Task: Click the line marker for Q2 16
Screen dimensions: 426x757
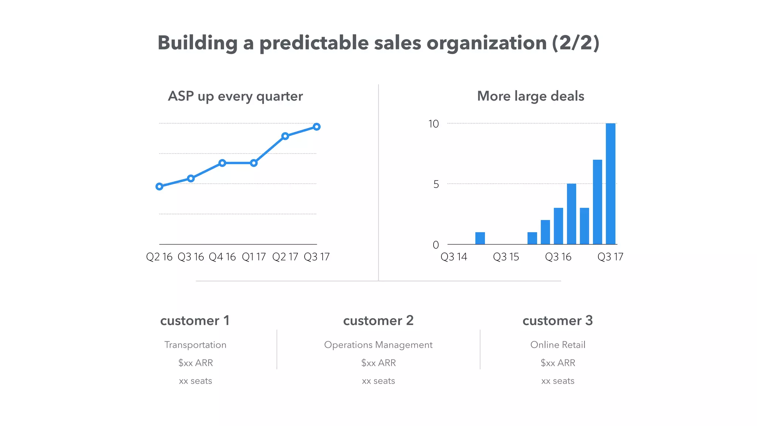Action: click(x=159, y=186)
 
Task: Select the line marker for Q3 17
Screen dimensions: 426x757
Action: click(x=316, y=127)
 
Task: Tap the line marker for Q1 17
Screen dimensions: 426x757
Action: click(x=254, y=163)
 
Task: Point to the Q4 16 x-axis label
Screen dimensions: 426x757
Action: click(x=222, y=257)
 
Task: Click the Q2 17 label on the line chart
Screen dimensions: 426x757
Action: click(x=285, y=257)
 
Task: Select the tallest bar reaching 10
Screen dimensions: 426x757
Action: click(x=611, y=184)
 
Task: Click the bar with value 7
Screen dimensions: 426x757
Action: click(x=597, y=202)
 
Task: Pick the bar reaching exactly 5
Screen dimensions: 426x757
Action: click(x=571, y=214)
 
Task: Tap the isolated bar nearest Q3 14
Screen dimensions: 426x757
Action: click(x=480, y=238)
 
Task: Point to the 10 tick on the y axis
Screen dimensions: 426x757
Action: click(x=434, y=124)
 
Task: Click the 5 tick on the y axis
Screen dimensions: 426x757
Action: click(x=436, y=184)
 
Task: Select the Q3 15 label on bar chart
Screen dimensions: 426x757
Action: click(x=506, y=257)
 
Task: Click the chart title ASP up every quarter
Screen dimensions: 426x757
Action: click(x=235, y=96)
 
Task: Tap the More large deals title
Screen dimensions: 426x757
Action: click(x=530, y=96)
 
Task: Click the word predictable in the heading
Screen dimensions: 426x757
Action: click(x=314, y=43)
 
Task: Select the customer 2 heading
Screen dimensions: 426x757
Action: click(x=378, y=320)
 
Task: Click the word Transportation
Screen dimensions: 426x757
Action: click(x=195, y=345)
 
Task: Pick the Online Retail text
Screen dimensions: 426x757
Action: click(x=557, y=345)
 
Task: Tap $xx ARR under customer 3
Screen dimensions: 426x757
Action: click(x=557, y=363)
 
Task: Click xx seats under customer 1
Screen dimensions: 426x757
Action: click(x=195, y=381)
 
